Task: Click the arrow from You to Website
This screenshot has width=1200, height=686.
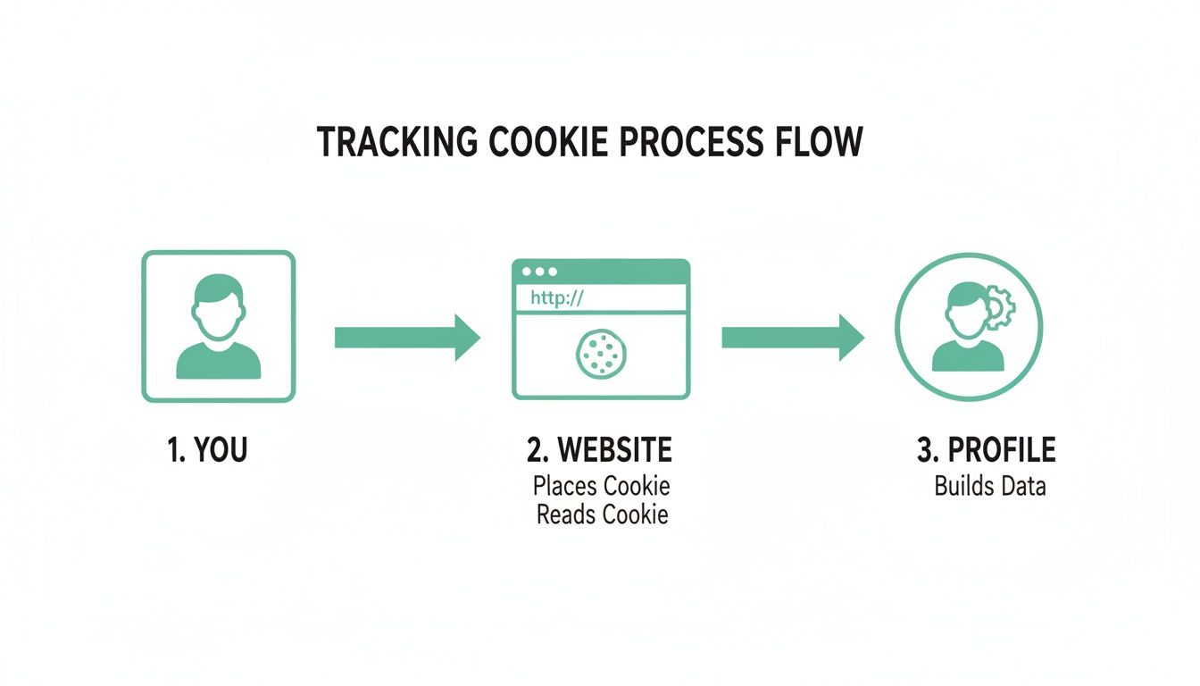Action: tap(407, 337)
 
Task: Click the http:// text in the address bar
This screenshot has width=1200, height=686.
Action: tap(556, 298)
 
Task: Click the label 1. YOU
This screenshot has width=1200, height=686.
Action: tap(207, 450)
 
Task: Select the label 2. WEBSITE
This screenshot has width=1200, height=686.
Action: tap(600, 450)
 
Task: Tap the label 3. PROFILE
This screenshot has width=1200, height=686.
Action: tap(987, 450)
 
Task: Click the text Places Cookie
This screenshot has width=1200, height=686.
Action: tap(601, 487)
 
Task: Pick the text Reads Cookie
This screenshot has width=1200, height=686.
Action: tap(602, 515)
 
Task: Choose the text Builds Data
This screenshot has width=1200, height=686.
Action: tap(990, 487)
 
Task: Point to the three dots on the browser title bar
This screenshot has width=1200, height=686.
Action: tap(539, 272)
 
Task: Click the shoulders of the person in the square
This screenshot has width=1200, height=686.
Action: tap(219, 361)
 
